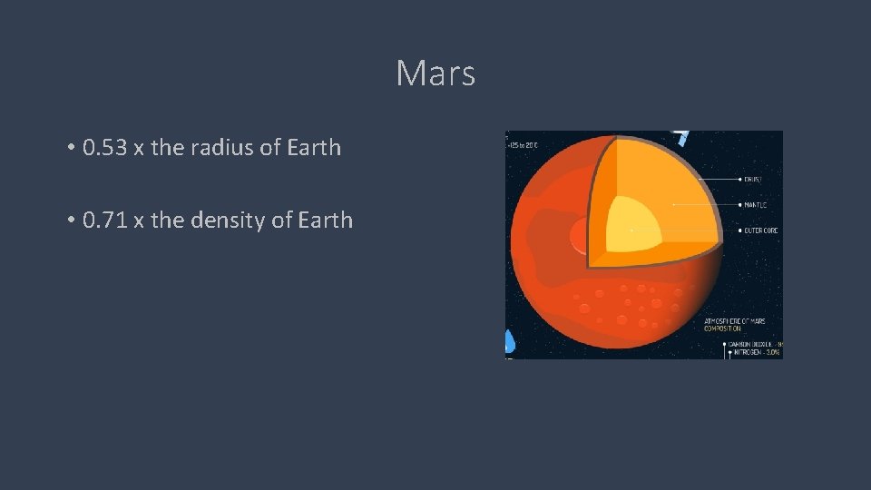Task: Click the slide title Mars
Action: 435,73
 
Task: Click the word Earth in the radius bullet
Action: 311,147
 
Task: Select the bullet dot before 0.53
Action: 70,148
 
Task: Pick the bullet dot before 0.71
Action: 70,220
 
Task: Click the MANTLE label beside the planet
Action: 757,205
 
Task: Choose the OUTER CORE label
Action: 760,230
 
